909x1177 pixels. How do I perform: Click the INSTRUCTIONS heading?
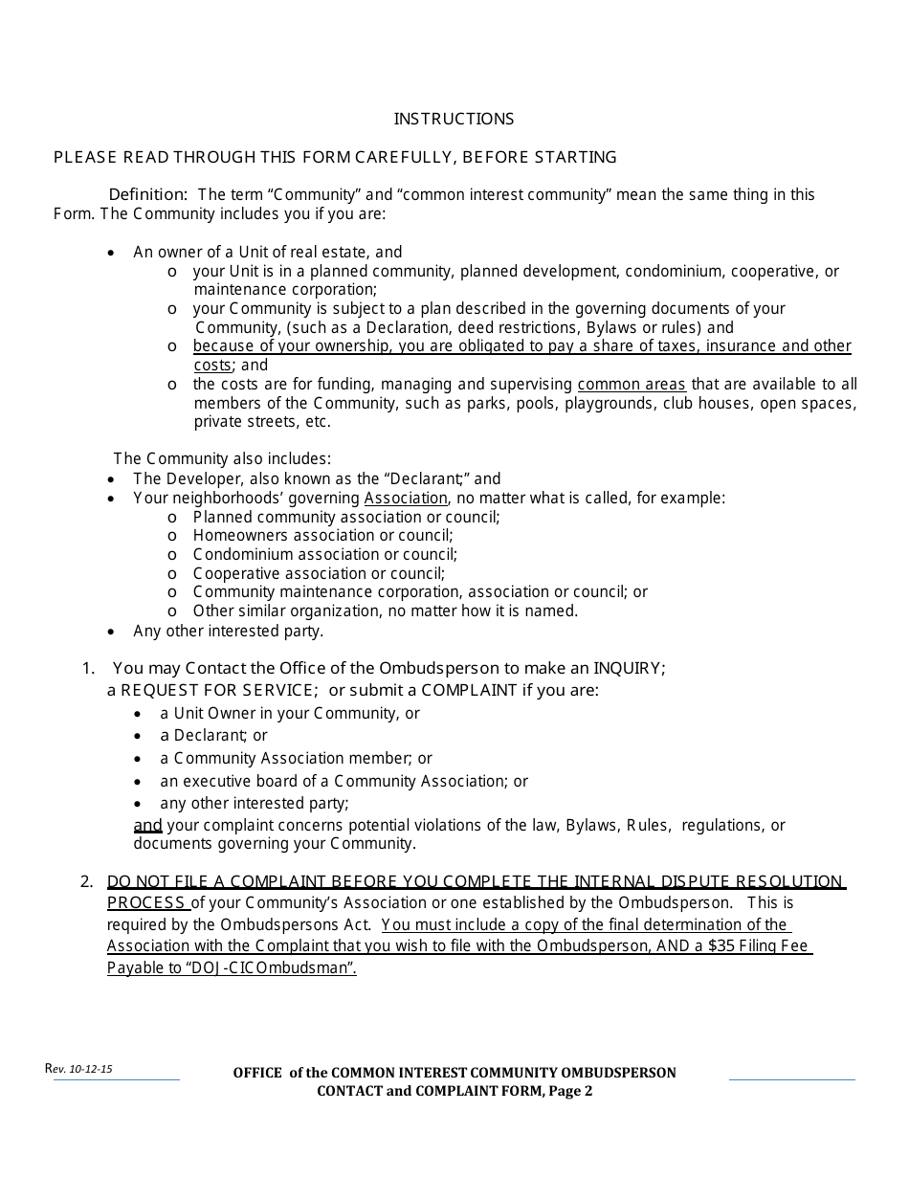tap(454, 119)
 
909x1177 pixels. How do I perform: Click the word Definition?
tap(146, 194)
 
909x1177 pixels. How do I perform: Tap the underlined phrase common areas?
tap(632, 384)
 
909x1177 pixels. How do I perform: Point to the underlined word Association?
tap(406, 498)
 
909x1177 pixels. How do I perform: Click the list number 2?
tap(86, 881)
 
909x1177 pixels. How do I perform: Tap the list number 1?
tap(87, 668)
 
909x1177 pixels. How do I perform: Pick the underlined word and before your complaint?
tap(147, 825)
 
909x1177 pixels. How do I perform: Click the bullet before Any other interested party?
tap(112, 632)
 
